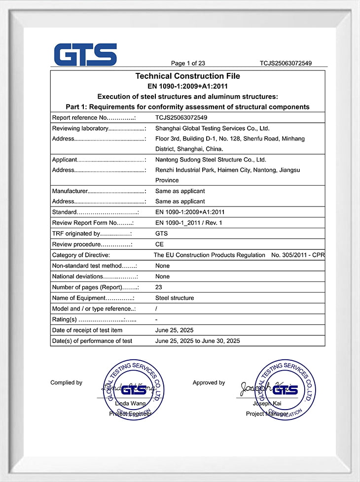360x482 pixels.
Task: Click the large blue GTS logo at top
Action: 85,54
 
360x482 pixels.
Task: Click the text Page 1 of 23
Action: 188,63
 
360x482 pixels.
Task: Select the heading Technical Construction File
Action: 187,76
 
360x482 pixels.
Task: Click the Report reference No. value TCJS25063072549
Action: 181,118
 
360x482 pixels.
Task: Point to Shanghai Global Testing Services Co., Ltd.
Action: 212,128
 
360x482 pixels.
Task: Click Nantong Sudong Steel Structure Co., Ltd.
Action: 211,160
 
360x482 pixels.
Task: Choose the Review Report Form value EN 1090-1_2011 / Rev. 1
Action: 189,223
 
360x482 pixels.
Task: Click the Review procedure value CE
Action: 159,244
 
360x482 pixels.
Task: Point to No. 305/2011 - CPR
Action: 298,255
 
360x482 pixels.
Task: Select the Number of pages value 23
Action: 159,287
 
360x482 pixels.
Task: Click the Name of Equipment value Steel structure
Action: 175,298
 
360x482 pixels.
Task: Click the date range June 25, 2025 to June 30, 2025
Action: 197,341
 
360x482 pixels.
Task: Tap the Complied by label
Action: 66,382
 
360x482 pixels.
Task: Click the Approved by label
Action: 209,382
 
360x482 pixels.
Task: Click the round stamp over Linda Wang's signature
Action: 133,389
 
